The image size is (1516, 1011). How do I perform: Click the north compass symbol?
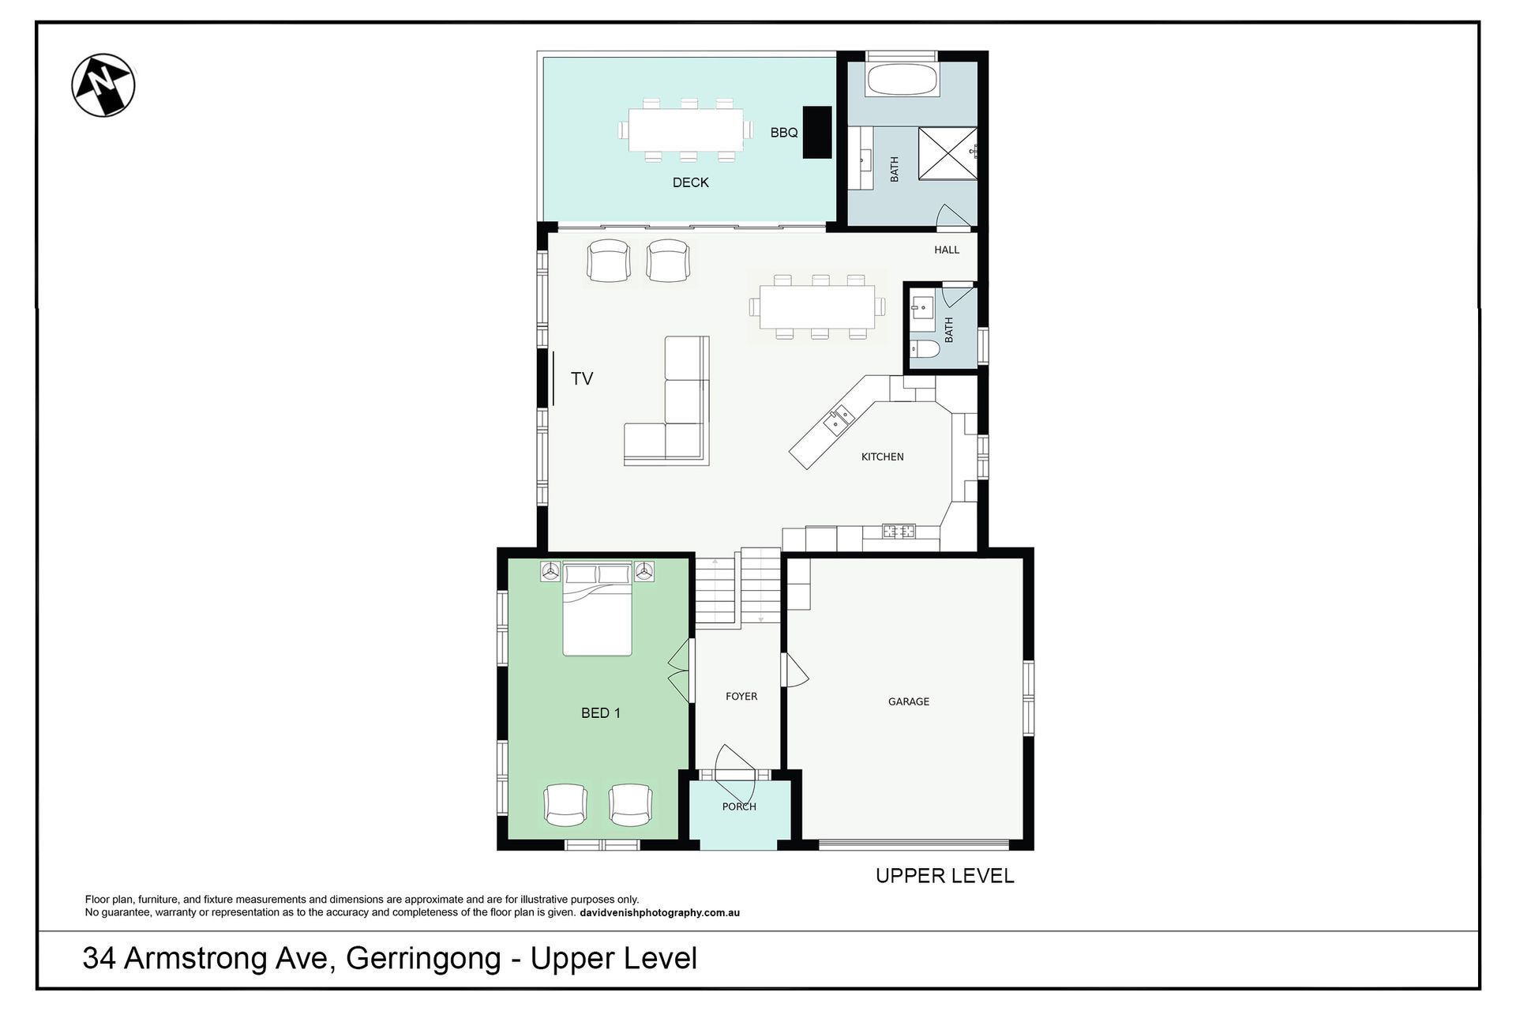103,85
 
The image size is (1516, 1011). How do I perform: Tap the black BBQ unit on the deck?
817,133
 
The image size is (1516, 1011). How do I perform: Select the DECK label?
690,182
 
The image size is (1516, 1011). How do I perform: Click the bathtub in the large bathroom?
902,80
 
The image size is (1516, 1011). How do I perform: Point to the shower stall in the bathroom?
947,154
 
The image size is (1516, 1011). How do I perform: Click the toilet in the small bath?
924,349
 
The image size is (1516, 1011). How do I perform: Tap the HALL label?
947,250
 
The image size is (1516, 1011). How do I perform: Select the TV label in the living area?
582,378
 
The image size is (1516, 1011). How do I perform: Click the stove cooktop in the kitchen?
899,532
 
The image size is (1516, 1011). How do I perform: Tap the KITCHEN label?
882,457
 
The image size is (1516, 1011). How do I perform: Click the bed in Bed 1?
598,609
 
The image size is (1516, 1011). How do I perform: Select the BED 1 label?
601,712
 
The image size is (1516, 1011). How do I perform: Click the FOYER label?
741,696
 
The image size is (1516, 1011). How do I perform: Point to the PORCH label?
739,806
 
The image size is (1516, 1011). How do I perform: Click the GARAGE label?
909,701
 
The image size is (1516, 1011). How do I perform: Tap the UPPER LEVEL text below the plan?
944,875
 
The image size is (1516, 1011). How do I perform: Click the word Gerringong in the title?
423,959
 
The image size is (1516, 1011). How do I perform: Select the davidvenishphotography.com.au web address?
659,912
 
